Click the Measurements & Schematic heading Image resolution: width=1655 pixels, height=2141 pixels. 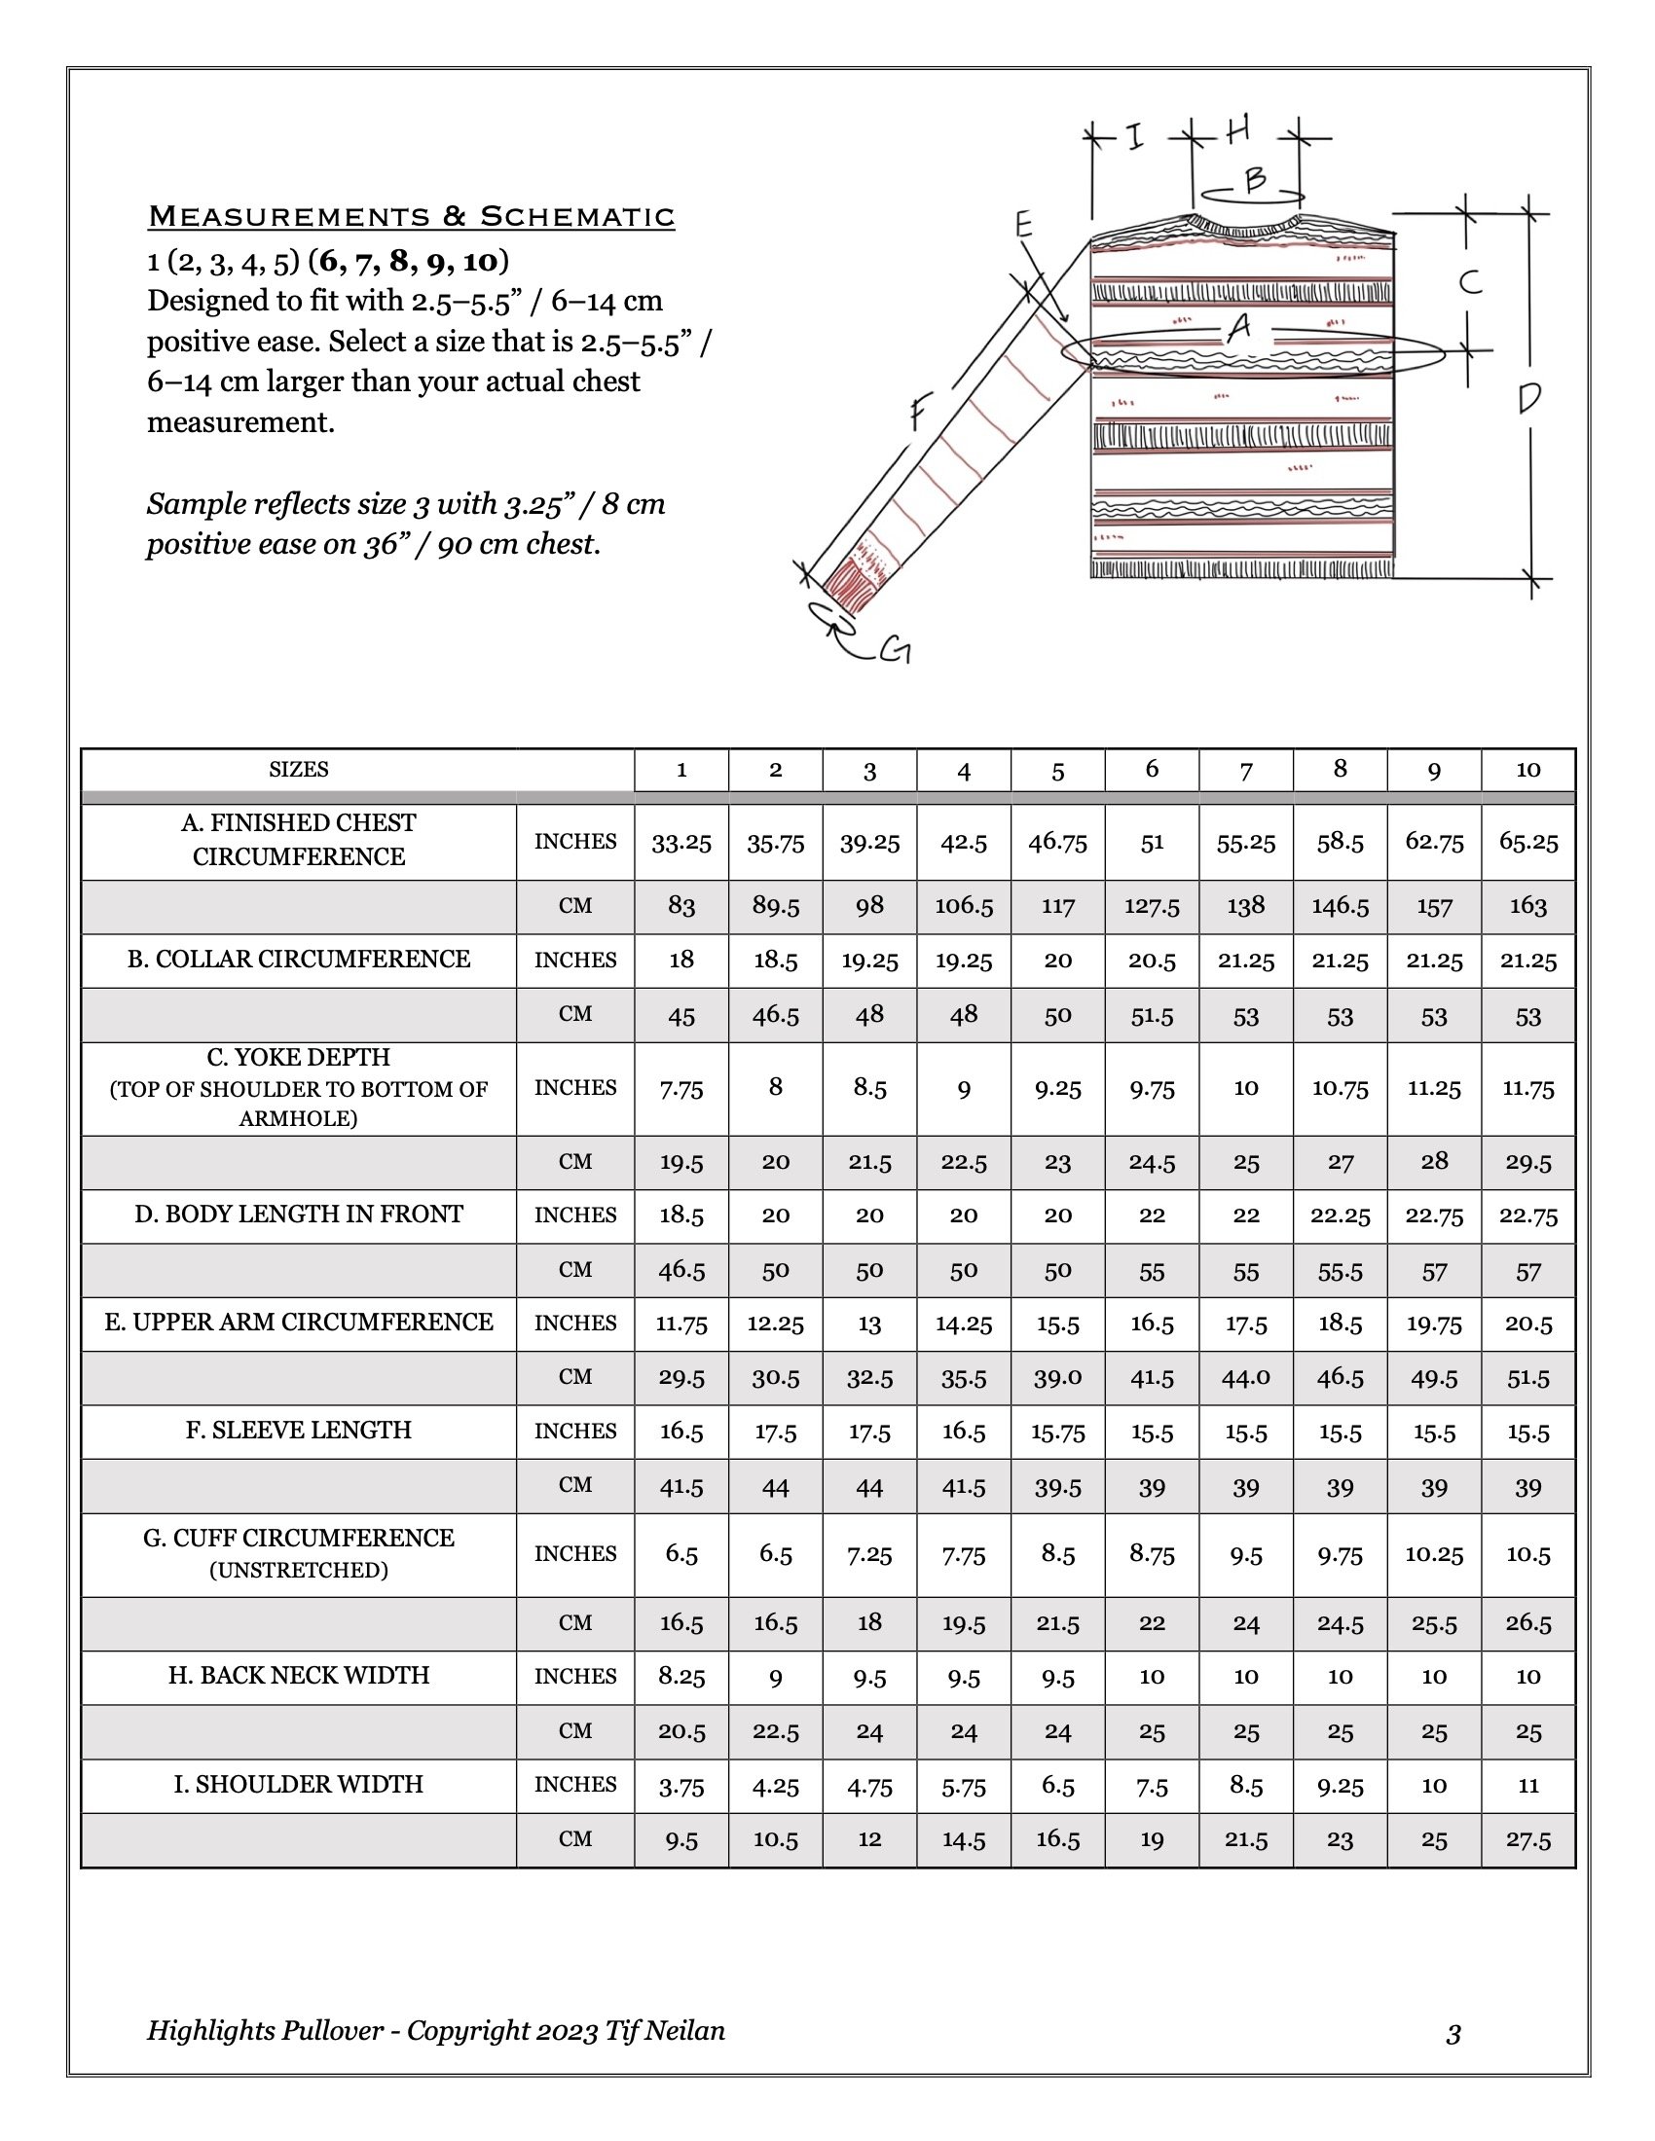[411, 216]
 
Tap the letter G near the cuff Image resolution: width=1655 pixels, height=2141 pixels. [896, 650]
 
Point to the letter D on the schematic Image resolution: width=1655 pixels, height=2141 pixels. [1528, 398]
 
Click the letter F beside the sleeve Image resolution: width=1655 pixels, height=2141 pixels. [917, 411]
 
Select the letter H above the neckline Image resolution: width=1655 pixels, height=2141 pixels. [1237, 129]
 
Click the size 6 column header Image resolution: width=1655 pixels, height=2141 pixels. [1151, 770]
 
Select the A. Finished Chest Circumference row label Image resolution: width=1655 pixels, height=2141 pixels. [298, 840]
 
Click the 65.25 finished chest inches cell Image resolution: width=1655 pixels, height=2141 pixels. [1527, 842]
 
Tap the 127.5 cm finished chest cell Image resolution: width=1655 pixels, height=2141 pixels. [1151, 907]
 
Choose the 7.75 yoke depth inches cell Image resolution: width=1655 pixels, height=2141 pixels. [680, 1089]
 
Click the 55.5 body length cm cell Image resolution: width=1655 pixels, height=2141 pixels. [1340, 1272]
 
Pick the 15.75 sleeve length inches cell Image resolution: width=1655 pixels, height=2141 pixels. [1057, 1433]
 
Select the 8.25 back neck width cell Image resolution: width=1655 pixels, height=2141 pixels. [680, 1677]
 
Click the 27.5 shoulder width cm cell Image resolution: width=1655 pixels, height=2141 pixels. [1527, 1840]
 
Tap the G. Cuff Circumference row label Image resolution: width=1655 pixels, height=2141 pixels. [298, 1552]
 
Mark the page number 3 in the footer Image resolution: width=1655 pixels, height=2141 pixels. [1453, 2035]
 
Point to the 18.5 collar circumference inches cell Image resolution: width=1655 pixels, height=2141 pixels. [775, 961]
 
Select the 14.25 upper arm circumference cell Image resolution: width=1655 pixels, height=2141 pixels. [963, 1325]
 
